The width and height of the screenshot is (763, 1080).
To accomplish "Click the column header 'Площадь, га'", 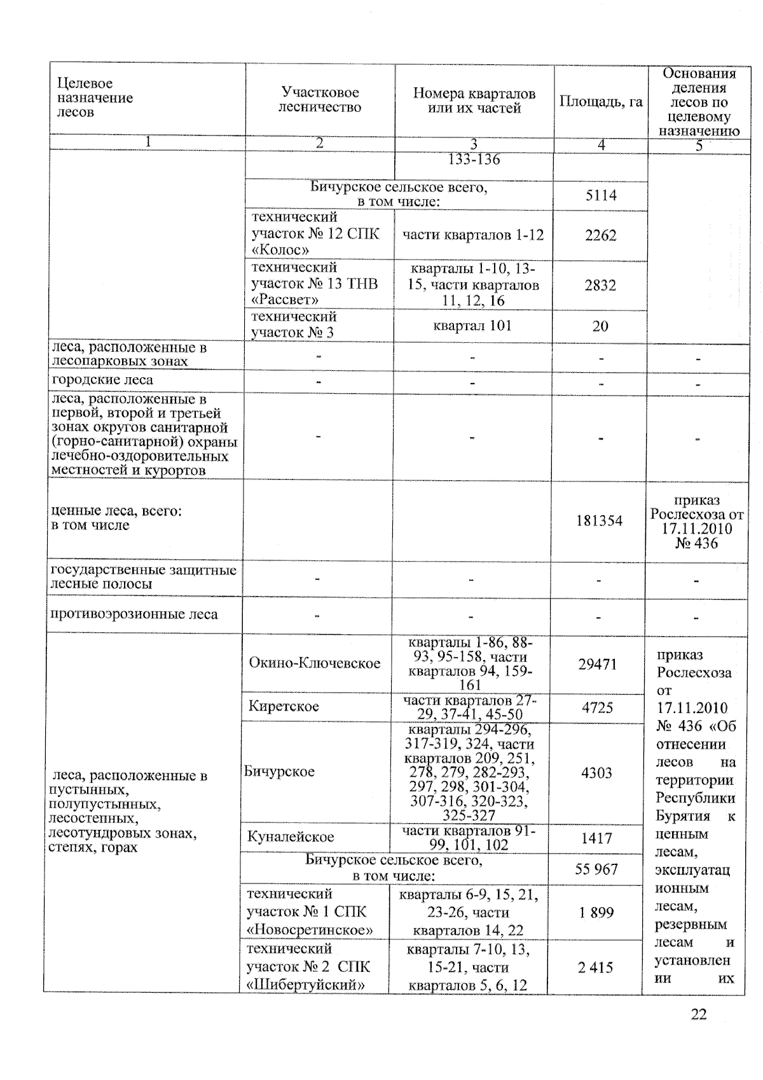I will click(x=601, y=102).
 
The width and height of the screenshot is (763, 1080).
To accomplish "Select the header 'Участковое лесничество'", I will click(x=320, y=100).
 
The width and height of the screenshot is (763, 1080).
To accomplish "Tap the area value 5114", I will click(x=601, y=195).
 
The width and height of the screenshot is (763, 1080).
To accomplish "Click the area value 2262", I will click(x=601, y=235).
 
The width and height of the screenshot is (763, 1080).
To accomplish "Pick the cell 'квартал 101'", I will click(x=472, y=326).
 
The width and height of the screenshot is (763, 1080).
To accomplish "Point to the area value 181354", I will click(x=599, y=521).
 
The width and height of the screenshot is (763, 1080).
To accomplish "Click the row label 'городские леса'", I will click(x=102, y=380).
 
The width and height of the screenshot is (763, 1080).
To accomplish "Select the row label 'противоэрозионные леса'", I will click(x=134, y=614).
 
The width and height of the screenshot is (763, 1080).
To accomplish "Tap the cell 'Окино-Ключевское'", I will click(x=315, y=663).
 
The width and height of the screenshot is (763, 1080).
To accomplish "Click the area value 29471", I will click(x=597, y=664).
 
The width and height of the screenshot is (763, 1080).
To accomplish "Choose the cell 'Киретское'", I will click(x=284, y=706).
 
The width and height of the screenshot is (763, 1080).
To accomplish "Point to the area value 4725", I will click(x=597, y=707).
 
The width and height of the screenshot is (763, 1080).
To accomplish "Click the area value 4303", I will click(x=596, y=773).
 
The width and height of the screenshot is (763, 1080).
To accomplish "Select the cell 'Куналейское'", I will click(x=291, y=837).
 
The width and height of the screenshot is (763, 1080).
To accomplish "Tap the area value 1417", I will click(x=596, y=838).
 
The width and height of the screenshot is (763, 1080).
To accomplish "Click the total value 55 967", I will click(x=596, y=869).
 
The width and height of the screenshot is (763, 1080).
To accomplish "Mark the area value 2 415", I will click(x=596, y=967).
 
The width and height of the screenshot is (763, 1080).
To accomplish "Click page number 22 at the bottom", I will click(x=698, y=1014).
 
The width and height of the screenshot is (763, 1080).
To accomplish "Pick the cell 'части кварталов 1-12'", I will click(x=473, y=235).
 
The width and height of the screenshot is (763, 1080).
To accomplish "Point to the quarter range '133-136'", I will click(x=474, y=160).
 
